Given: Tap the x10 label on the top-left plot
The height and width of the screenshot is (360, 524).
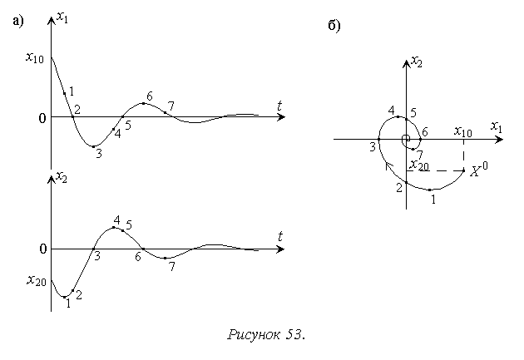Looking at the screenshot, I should pyautogui.click(x=35, y=57).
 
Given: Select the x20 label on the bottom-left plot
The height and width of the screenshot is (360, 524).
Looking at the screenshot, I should pyautogui.click(x=35, y=280).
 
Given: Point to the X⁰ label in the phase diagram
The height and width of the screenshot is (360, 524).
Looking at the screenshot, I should pyautogui.click(x=478, y=171).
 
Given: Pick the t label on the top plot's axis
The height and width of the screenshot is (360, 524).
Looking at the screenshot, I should pyautogui.click(x=280, y=106).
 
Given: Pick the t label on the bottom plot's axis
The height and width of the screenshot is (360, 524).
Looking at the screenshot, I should pyautogui.click(x=280, y=237).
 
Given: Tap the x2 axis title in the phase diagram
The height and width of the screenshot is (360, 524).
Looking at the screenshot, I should pyautogui.click(x=418, y=61).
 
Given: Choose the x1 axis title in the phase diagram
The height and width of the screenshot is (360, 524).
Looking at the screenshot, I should pyautogui.click(x=496, y=127).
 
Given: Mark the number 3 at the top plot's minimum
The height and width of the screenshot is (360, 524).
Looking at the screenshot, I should pyautogui.click(x=98, y=154).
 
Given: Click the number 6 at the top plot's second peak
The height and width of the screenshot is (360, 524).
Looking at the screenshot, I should pyautogui.click(x=150, y=96).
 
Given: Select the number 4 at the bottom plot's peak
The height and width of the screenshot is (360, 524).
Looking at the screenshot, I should pyautogui.click(x=116, y=220).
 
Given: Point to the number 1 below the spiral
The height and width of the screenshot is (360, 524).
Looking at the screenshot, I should pyautogui.click(x=433, y=198).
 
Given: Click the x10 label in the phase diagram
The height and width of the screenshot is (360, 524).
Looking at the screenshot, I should pyautogui.click(x=463, y=131).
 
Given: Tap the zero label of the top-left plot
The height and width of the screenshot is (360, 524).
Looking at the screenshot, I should pyautogui.click(x=42, y=118).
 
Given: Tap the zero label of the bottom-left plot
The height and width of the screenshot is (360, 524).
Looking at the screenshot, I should pyautogui.click(x=42, y=249).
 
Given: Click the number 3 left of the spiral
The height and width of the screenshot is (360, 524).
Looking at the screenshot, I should pyautogui.click(x=373, y=146).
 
